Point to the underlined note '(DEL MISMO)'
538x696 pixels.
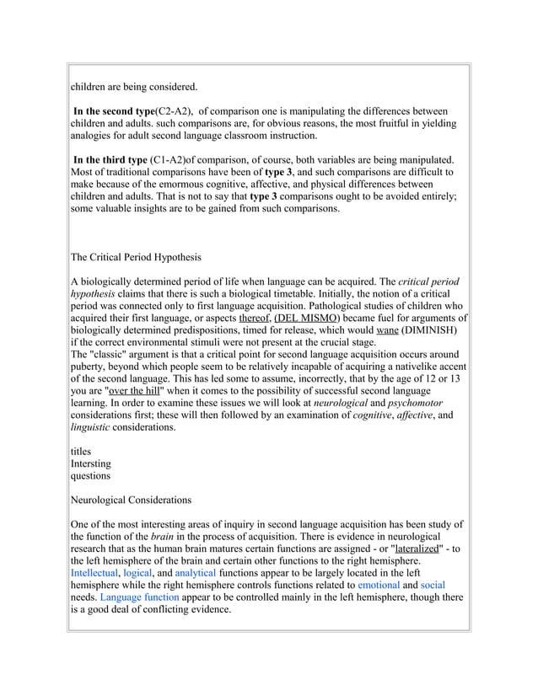[308, 318]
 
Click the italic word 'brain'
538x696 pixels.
[160, 536]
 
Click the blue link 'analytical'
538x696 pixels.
[196, 572]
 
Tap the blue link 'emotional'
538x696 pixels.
[379, 585]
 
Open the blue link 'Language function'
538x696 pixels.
[139, 597]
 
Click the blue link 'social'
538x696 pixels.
[433, 585]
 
